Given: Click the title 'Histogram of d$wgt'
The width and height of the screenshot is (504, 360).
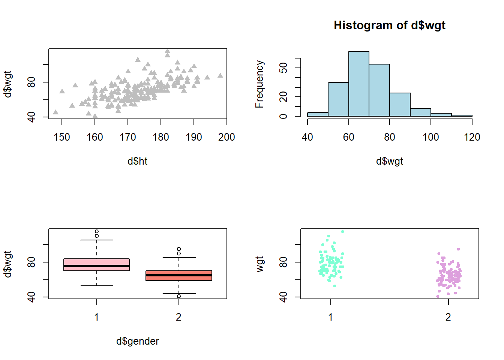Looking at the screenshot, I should point(389,25).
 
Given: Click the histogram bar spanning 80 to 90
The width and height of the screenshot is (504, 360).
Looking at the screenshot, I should point(400,105).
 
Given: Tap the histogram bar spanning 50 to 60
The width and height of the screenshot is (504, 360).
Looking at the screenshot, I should point(338,99).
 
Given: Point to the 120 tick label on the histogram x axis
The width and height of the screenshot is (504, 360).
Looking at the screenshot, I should point(472,137).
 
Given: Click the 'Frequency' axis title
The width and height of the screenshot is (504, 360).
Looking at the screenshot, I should point(259,84).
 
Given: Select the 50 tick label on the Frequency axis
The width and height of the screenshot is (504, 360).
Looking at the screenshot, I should point(284,68).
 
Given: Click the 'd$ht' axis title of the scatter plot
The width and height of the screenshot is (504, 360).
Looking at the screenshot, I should point(137,161).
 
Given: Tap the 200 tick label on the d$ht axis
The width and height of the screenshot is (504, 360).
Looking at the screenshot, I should point(226,137).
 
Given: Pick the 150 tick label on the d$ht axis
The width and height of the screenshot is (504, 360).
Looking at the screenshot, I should point(62,137).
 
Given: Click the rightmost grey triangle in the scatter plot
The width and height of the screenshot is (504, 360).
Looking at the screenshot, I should point(220,75).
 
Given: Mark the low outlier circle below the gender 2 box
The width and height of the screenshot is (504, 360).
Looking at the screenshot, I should point(179,296).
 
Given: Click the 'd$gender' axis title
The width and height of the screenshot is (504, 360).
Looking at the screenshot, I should point(137,341).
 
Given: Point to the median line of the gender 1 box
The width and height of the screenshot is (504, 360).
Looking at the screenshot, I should point(96,266).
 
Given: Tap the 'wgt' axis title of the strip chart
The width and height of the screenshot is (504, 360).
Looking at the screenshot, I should point(259,264).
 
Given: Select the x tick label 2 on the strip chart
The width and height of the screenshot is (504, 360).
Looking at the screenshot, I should point(448,317).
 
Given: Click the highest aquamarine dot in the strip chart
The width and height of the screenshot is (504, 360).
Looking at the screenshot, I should point(342,231).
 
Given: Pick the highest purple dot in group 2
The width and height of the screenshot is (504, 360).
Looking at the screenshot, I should point(458,249).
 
